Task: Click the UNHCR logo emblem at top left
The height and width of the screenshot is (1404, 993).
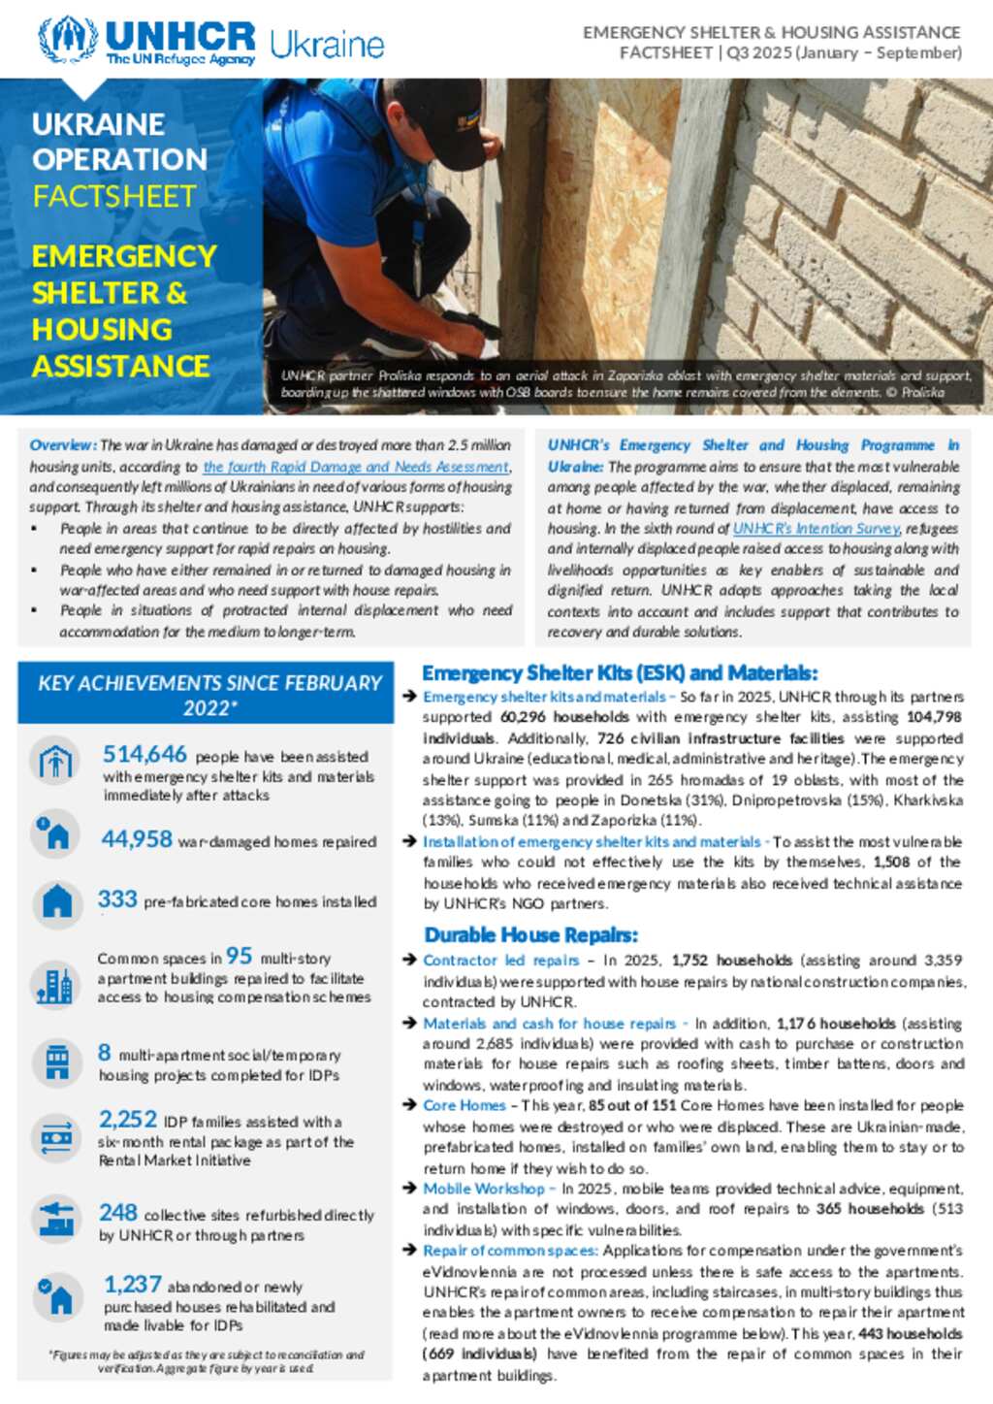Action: click(x=68, y=40)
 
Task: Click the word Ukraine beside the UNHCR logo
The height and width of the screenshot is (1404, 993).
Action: click(x=327, y=45)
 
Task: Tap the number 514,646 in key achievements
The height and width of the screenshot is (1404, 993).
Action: click(x=144, y=754)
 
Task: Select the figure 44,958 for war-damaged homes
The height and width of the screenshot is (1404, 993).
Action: click(x=137, y=839)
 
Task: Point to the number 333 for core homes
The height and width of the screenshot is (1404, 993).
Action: click(x=117, y=899)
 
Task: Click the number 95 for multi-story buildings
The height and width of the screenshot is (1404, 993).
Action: click(x=239, y=956)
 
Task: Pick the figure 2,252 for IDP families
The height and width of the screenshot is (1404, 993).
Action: click(x=127, y=1120)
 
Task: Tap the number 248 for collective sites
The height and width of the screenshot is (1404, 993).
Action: click(x=117, y=1213)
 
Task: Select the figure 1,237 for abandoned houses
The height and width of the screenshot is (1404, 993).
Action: click(x=133, y=1285)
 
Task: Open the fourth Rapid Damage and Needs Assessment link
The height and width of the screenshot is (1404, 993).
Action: click(x=356, y=467)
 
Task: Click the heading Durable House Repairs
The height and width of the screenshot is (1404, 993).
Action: click(x=530, y=935)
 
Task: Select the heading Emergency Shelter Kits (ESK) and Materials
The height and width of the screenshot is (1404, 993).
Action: click(x=620, y=673)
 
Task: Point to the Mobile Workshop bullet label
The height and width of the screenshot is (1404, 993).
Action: click(x=484, y=1189)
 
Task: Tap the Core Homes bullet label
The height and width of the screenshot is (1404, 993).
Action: click(x=464, y=1105)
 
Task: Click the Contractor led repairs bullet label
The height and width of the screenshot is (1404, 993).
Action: click(x=500, y=961)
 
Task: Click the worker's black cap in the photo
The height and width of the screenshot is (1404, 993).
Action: click(x=442, y=116)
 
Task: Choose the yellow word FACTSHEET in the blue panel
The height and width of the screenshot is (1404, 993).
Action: click(x=114, y=197)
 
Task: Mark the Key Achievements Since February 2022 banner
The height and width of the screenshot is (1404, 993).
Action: click(x=206, y=694)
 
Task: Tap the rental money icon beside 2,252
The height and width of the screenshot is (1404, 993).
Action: click(x=56, y=1136)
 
